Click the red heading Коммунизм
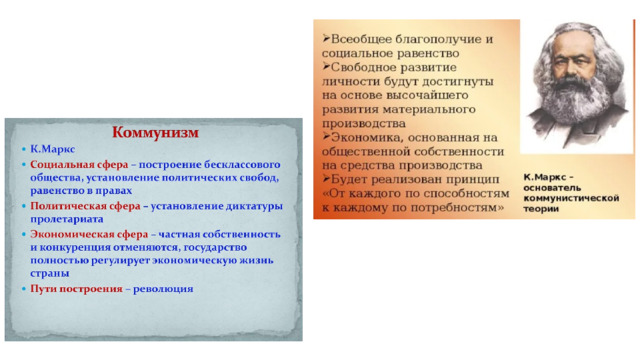tap(156, 133)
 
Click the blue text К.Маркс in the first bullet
tap(53, 149)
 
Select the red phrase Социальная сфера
tap(79, 164)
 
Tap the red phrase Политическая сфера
tap(85, 206)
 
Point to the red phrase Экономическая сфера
tap(89, 234)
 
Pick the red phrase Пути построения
tap(76, 289)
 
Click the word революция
tap(163, 289)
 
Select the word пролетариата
tap(67, 220)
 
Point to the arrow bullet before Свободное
tap(326, 66)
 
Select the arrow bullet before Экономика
tap(326, 136)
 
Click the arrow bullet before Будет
tap(326, 178)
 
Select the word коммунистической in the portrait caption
tap(571, 198)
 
